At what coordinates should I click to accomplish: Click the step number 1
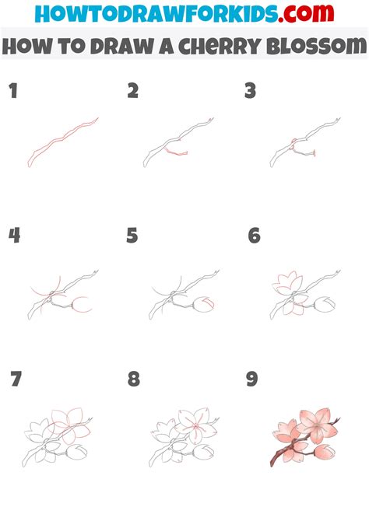tap(12, 92)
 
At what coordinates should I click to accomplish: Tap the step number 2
tap(133, 92)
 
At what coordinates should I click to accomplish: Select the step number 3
tap(250, 92)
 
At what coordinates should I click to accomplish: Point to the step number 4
tap(14, 236)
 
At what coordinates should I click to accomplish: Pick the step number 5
tap(132, 236)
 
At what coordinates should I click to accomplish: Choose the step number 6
tap(254, 236)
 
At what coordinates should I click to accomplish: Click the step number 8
tap(134, 379)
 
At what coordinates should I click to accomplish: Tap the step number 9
tap(251, 379)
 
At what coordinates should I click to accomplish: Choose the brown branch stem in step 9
tap(285, 459)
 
